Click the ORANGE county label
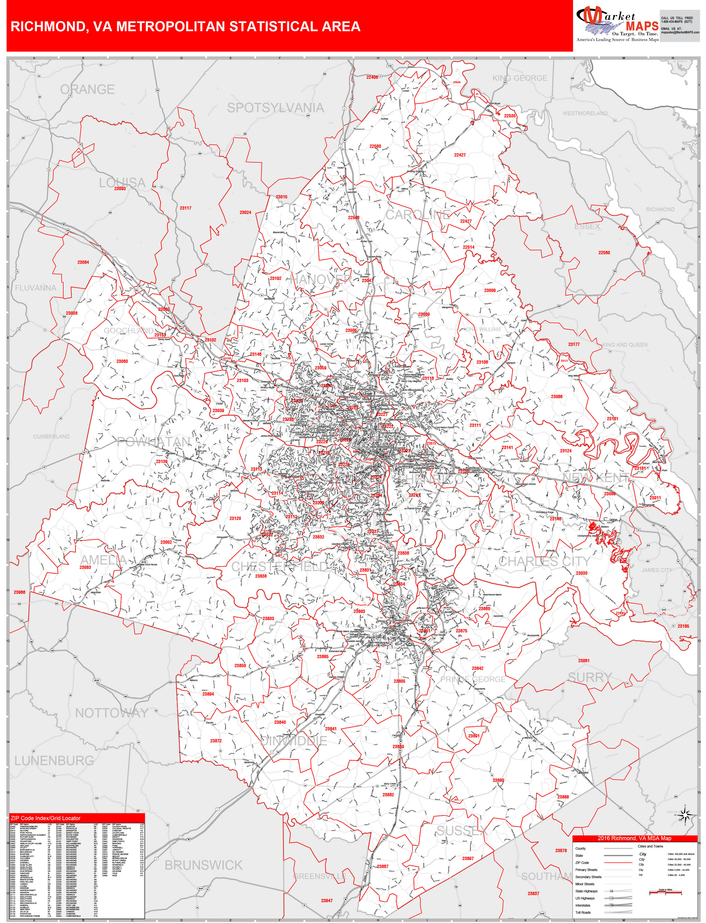[87, 89]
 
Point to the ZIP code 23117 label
[185, 208]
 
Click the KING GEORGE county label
[520, 78]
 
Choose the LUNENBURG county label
[54, 760]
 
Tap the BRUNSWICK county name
[203, 865]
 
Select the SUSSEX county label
[462, 830]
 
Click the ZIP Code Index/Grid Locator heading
[45, 818]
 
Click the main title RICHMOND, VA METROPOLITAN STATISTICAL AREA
[185, 27]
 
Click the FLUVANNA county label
[35, 288]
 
